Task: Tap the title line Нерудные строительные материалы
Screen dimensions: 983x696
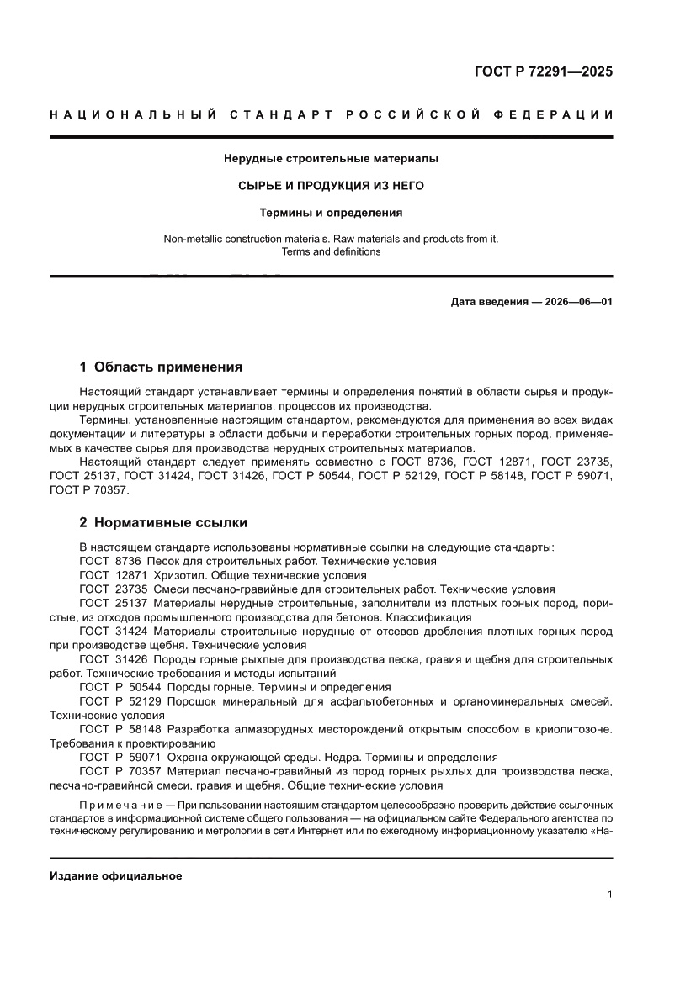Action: pos(331,157)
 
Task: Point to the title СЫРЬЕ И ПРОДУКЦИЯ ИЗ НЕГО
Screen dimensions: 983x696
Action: pos(331,185)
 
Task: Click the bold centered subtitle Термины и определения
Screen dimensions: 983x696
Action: pos(331,213)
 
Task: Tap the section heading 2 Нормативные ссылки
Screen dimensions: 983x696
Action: pos(162,522)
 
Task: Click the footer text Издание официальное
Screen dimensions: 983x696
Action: pos(116,875)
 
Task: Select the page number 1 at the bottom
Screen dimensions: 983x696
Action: pos(608,895)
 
